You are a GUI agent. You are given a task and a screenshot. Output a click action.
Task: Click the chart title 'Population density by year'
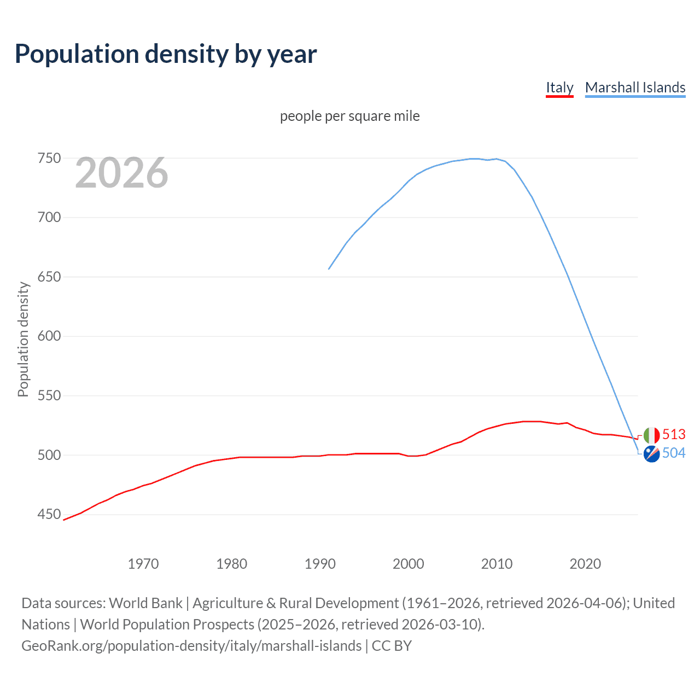166,54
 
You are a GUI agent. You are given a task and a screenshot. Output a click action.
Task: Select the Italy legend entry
559,87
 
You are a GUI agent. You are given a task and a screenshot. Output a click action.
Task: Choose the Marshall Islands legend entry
635,87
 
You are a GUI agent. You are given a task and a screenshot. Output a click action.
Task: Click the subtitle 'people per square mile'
349,116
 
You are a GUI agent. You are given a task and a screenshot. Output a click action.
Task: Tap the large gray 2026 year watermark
121,173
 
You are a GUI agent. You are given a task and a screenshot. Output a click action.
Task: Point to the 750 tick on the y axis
49,159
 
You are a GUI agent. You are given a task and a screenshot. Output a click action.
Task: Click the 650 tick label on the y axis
49,277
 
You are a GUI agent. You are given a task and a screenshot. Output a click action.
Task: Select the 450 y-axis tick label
49,514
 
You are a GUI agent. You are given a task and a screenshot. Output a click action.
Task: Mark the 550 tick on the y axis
49,395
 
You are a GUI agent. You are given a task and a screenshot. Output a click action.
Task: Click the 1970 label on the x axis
143,564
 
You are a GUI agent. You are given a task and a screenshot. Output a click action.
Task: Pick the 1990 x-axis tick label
320,564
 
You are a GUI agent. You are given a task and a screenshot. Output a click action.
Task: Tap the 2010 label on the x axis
497,564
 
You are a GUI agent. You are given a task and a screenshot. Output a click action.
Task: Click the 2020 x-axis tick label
585,564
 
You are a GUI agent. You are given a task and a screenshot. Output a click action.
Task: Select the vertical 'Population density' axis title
23,339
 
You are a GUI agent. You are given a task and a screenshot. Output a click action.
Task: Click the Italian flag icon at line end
651,435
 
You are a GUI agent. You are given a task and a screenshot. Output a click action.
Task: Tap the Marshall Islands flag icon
651,454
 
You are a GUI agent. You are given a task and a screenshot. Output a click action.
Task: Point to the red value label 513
674,434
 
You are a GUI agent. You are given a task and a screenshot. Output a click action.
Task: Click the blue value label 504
674,453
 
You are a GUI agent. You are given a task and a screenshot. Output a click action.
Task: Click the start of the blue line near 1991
329,269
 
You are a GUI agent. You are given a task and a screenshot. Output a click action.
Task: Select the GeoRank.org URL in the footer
191,646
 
